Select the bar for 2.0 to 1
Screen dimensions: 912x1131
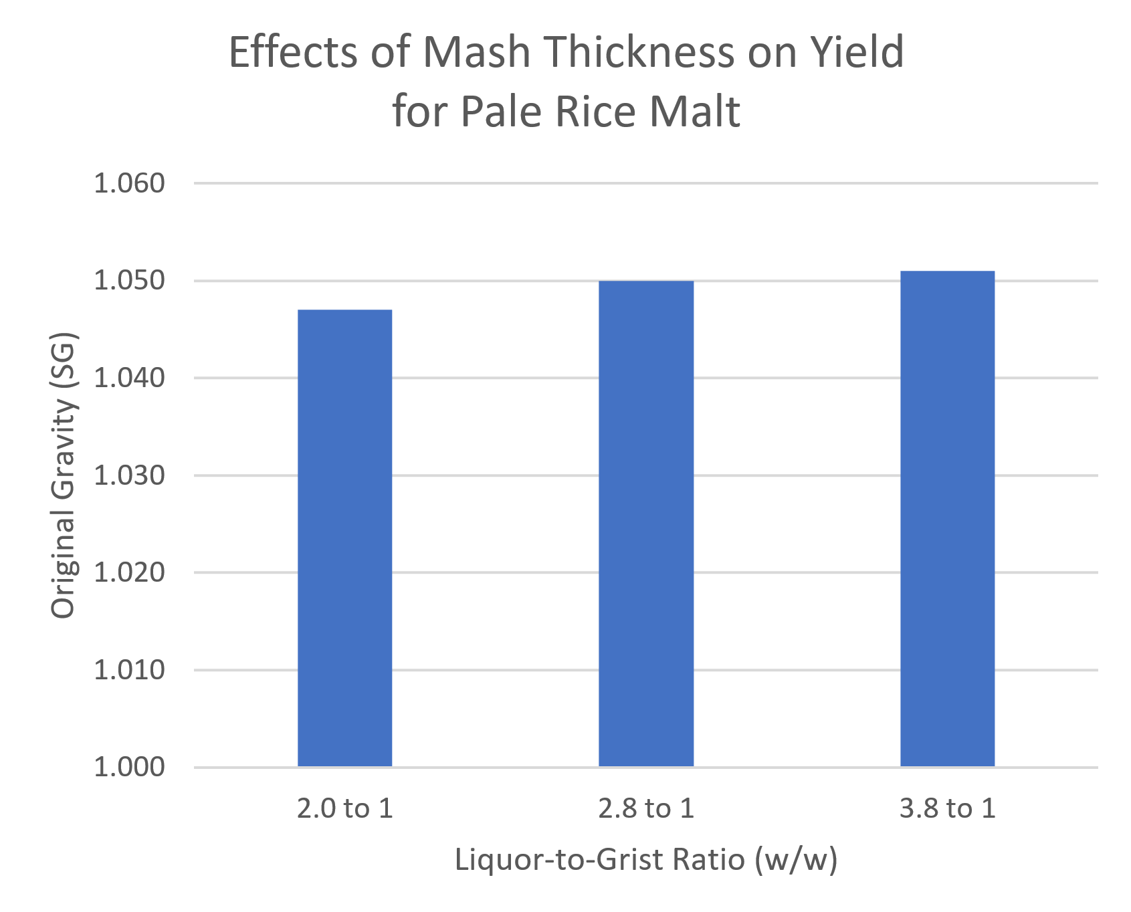(344, 538)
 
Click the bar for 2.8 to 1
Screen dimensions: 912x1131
(646, 524)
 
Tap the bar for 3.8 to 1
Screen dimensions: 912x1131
(947, 519)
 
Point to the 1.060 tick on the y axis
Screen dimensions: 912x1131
(129, 183)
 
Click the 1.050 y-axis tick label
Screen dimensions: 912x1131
(129, 281)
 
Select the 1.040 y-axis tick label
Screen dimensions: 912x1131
(129, 378)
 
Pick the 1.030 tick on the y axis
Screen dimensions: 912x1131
(129, 475)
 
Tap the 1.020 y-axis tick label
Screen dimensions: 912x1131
(129, 573)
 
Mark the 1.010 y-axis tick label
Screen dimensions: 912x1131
(129, 670)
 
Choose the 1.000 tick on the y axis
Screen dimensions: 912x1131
(129, 768)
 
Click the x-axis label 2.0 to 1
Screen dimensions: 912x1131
(344, 809)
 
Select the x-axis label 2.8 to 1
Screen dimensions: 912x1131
(646, 809)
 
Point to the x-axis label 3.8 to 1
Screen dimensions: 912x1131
(947, 809)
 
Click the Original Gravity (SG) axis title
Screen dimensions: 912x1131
(64, 475)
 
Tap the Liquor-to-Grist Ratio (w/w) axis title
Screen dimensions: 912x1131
(646, 860)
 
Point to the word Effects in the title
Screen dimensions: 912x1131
(294, 52)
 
